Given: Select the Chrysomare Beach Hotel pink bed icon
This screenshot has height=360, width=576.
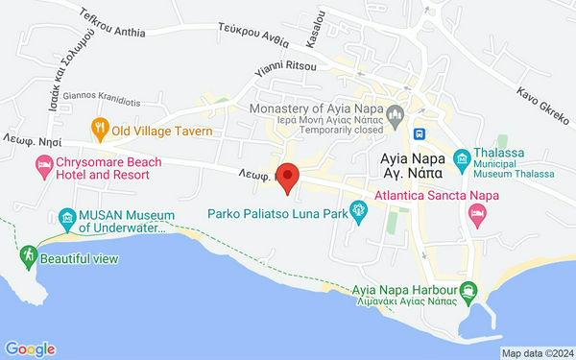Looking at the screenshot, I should coord(44,168).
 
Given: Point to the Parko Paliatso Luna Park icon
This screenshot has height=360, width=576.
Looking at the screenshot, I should coord(359,208).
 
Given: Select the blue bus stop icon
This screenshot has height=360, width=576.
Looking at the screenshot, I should coord(420,132).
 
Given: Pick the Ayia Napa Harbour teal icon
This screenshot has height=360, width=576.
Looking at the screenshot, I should coord(468,289).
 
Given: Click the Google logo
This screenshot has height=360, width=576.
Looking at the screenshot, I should coord(30,349).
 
